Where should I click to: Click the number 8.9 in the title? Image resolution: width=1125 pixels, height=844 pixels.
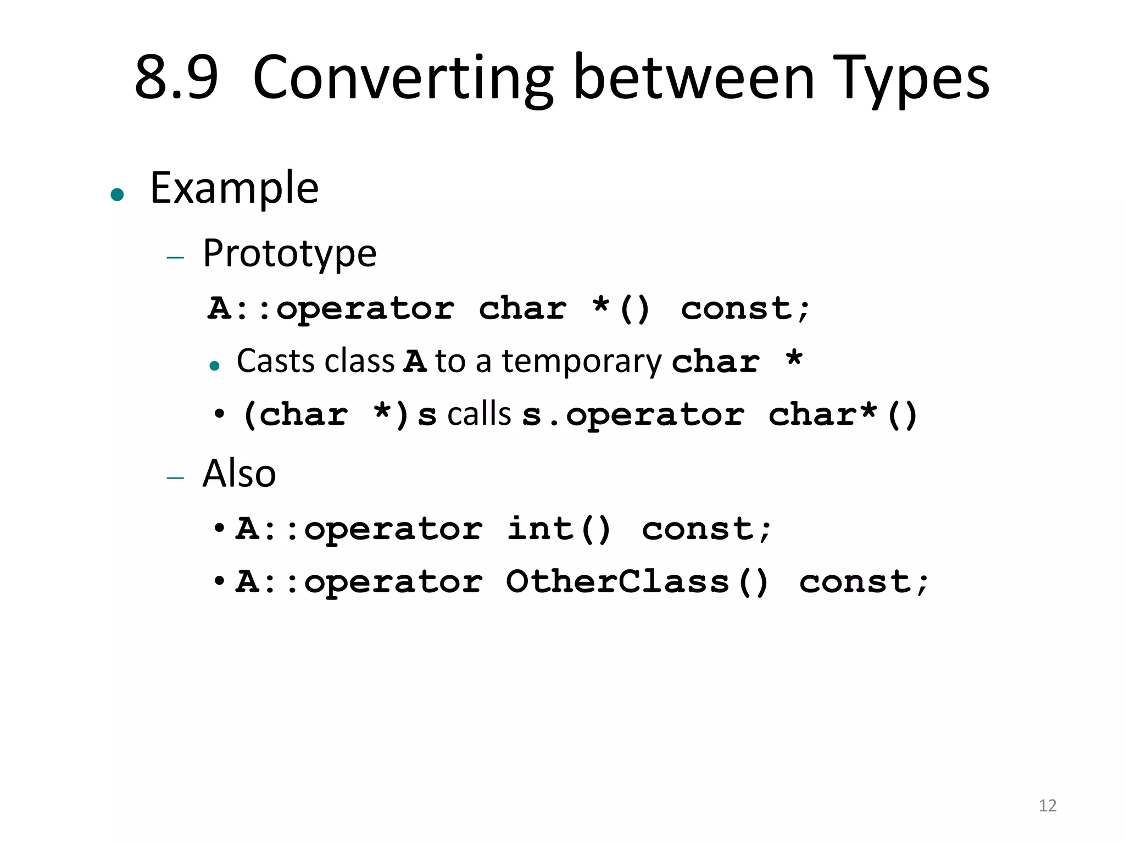176,77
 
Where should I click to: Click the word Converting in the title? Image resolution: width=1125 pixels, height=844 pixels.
403,79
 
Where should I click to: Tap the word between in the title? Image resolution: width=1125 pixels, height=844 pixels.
694,77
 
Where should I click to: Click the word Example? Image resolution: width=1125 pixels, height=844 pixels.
234,188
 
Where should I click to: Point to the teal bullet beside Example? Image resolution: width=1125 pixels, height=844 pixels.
117,195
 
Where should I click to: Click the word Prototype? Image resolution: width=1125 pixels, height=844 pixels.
289,254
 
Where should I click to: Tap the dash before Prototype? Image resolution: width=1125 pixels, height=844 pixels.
175,257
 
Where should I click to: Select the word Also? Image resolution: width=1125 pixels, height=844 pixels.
239,473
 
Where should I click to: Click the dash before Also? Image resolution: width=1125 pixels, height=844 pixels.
175,478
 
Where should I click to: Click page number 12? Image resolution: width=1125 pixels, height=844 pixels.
1048,806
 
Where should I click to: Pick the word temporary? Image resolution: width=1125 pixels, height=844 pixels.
582,362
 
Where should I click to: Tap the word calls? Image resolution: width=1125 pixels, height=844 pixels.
479,414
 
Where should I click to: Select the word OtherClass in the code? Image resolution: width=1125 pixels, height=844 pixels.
617,581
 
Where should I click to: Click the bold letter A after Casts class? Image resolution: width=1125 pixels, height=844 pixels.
415,362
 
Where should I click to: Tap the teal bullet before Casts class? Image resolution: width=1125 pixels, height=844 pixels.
215,366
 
